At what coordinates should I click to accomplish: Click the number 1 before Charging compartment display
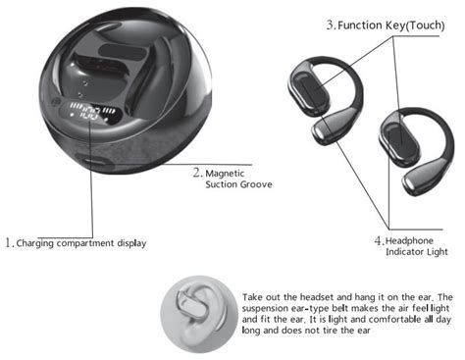pos(8,242)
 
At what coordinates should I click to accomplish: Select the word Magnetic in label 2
pos(225,174)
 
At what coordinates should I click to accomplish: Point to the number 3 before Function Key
pos(331,25)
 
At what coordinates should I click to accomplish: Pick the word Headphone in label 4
pos(409,241)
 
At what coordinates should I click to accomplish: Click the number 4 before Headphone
pos(379,241)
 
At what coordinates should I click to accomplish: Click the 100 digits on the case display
pos(90,114)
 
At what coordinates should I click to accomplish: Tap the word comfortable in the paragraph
pos(395,319)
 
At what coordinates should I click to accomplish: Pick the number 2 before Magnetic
pos(197,173)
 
